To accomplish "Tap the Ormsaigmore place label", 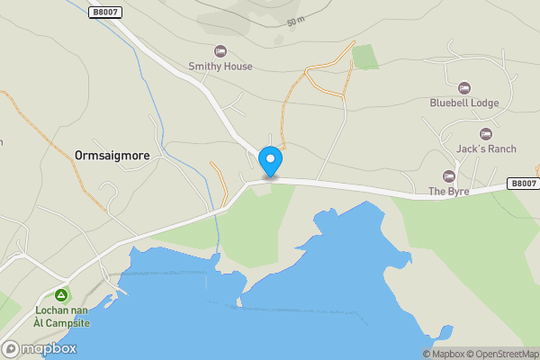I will coord(112,154).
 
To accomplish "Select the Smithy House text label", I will coord(220,66).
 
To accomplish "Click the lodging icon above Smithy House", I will coord(220,50).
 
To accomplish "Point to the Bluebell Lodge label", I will coord(463,103).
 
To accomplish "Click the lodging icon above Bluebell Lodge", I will coord(463,87).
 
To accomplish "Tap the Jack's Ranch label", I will coord(486,148).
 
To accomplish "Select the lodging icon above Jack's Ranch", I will coord(486,133).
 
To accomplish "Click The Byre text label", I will coord(449,191).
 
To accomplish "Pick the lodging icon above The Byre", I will coord(449,175).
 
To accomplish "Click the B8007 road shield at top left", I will coord(105,11).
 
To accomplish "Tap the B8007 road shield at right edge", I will coord(522,183).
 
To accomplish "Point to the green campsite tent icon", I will coord(61,294).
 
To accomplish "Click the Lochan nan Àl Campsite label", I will coord(61,316).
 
